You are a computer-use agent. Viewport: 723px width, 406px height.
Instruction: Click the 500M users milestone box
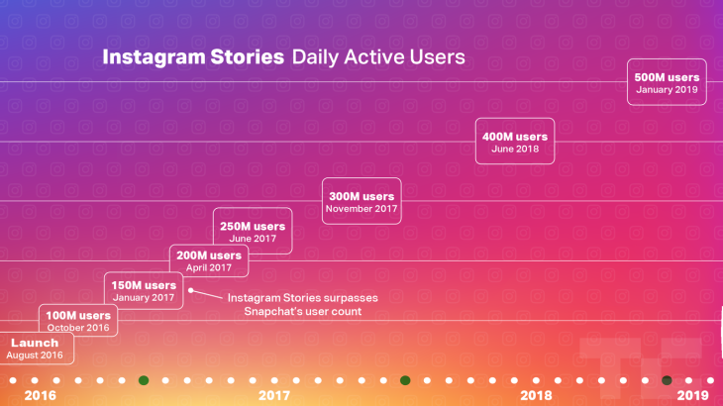(x=667, y=83)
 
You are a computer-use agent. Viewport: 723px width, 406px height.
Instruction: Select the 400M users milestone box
(x=514, y=142)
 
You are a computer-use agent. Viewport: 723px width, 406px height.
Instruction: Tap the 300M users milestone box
(x=361, y=202)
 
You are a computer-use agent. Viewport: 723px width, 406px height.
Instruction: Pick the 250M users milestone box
(x=254, y=232)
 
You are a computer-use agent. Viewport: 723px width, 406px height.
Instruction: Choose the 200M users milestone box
(x=209, y=261)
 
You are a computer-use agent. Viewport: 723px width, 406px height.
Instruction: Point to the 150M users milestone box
(x=144, y=291)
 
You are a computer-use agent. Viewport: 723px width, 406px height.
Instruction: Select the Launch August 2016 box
(x=35, y=349)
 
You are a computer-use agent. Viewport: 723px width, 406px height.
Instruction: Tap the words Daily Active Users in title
(x=377, y=57)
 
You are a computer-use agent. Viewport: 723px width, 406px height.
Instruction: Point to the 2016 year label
(x=40, y=395)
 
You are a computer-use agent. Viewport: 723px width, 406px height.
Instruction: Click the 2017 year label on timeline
(x=273, y=395)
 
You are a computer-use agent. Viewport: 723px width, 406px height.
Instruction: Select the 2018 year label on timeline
(x=536, y=395)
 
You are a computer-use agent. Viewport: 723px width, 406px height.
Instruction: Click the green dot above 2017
(x=144, y=380)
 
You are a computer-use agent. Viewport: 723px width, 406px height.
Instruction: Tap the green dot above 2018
(x=405, y=380)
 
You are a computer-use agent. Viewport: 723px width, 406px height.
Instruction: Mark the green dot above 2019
(x=667, y=380)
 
